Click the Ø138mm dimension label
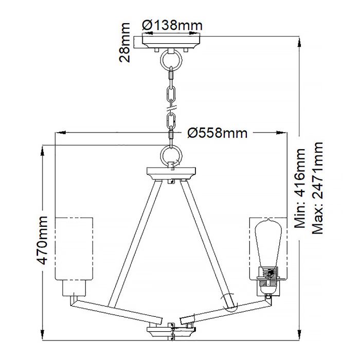point(172,25)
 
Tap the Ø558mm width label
point(218,133)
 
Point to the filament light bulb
point(266,242)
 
